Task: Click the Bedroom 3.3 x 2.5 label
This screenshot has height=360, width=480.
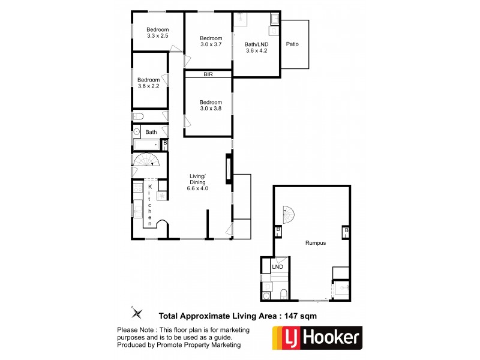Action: [158, 33]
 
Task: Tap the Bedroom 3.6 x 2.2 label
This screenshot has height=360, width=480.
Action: [148, 83]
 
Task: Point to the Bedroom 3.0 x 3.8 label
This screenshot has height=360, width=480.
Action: [211, 106]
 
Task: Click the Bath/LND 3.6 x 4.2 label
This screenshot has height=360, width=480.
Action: [256, 47]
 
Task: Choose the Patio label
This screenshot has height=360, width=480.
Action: [292, 44]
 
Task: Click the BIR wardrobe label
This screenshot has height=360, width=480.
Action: [208, 74]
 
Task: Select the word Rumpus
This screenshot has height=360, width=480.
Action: [314, 243]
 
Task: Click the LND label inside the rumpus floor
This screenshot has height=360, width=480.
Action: [277, 267]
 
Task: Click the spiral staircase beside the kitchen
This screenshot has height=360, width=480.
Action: [146, 160]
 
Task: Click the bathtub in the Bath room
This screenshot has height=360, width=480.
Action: [146, 144]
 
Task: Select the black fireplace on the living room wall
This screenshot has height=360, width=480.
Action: [228, 169]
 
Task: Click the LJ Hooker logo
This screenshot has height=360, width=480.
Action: [317, 337]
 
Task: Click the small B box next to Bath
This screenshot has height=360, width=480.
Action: [164, 143]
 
